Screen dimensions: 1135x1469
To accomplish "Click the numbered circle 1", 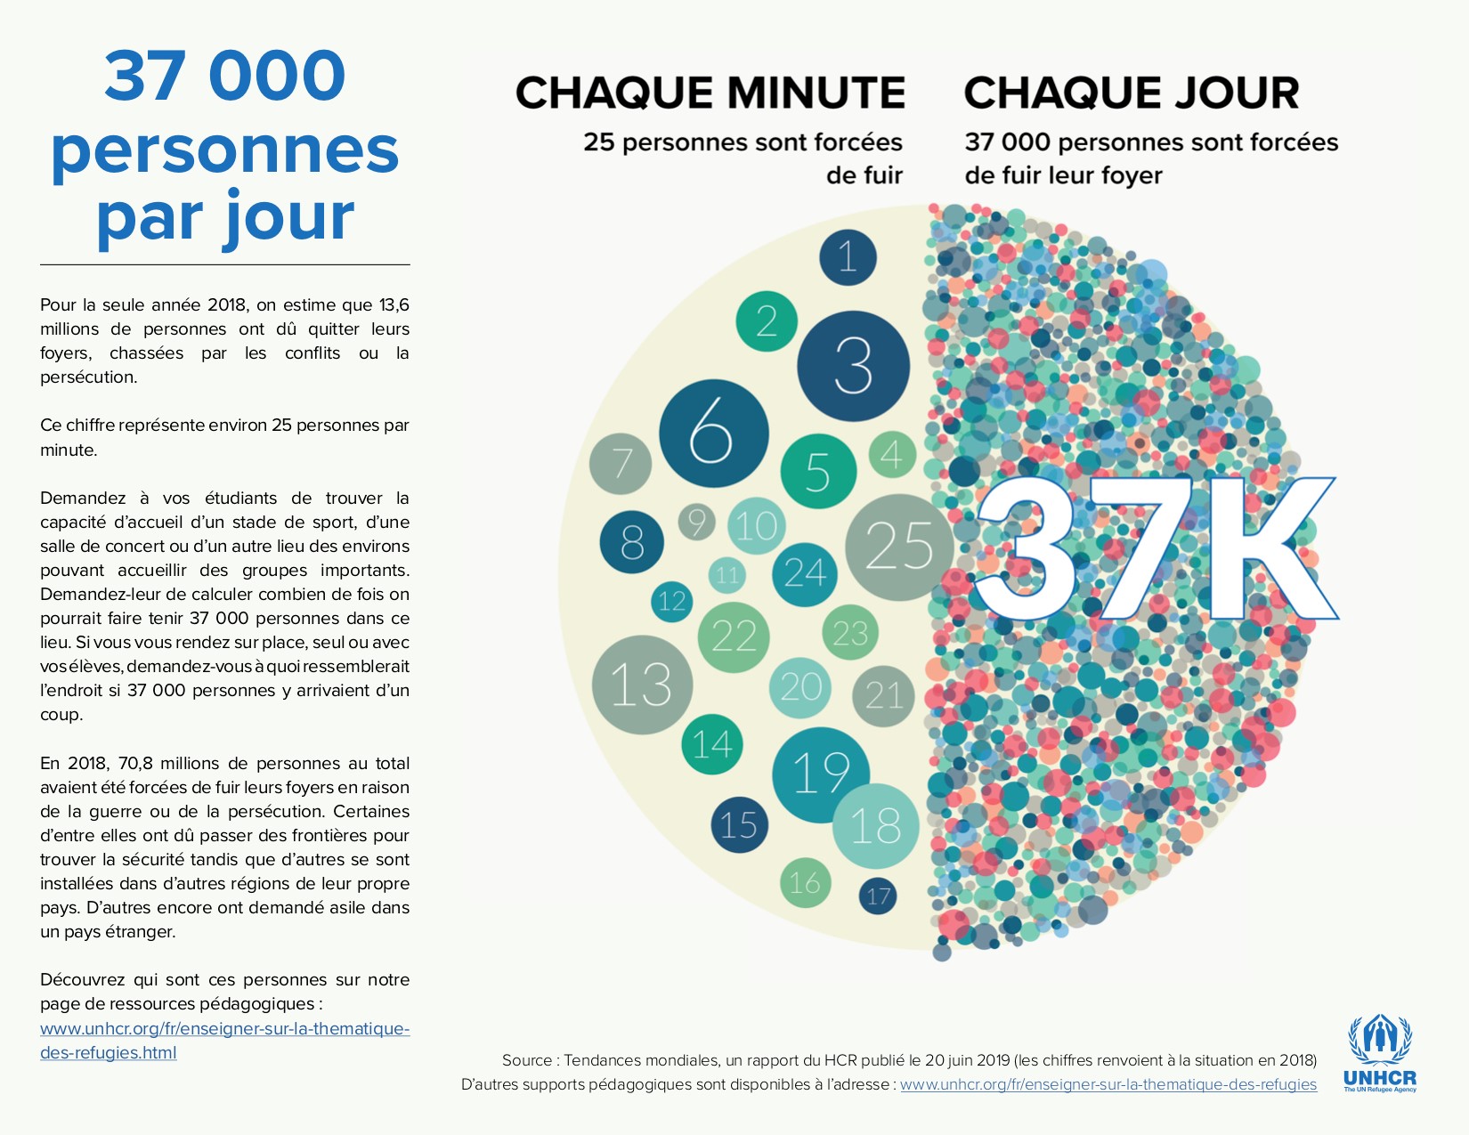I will tap(848, 257).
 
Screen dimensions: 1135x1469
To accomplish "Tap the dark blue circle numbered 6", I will tap(713, 434).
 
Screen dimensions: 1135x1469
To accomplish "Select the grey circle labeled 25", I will tap(898, 547).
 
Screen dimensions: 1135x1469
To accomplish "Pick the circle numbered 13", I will tap(642, 685).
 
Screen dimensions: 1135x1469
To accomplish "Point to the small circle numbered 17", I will tap(878, 896).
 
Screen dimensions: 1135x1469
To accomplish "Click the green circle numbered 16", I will tap(805, 882).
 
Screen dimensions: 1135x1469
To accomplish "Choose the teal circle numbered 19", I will tap(820, 773).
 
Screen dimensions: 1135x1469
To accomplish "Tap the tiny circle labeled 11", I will tap(727, 575).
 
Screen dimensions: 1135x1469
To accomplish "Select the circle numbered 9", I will tap(697, 522).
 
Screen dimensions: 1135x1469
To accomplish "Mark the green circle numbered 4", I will tap(891, 455).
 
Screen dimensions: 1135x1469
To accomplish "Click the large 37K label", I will tap(1156, 548).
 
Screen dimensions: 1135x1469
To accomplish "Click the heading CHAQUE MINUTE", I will tap(710, 93).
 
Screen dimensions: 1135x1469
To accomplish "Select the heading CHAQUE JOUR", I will tap(1132, 93).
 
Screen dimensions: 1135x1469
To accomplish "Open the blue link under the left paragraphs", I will tap(224, 1040).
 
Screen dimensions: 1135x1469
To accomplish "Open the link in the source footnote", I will tap(1108, 1084).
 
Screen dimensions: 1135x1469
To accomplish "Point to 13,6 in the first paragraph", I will tap(394, 305).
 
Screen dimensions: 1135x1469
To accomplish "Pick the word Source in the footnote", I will tap(528, 1060).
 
